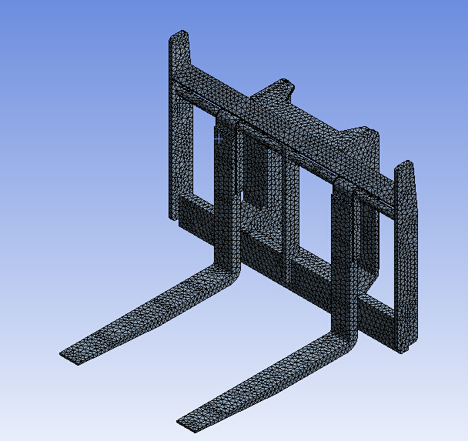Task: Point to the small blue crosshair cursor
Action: [x=219, y=139]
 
